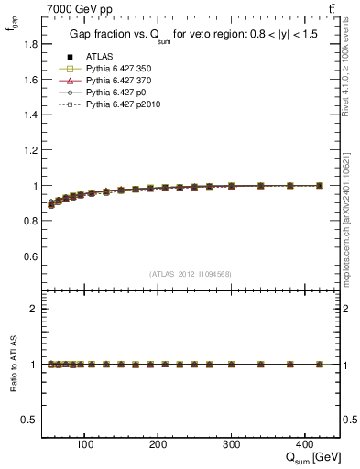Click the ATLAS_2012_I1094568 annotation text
pos(191,274)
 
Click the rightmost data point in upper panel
pos(320,185)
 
